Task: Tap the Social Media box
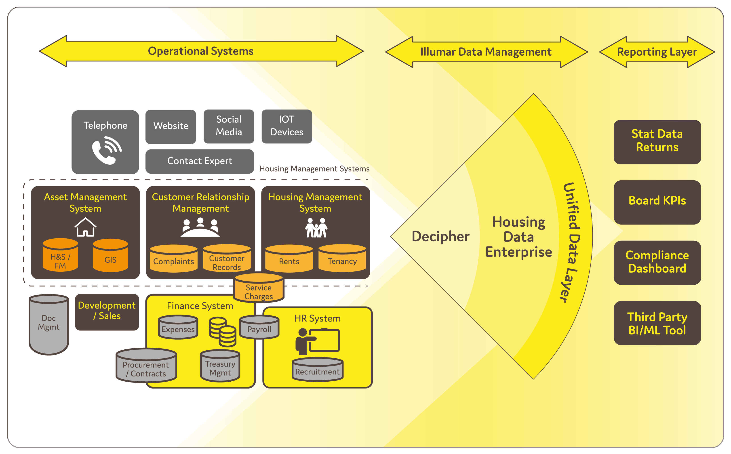pos(229,126)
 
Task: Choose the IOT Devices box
pos(287,126)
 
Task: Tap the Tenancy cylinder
pos(342,259)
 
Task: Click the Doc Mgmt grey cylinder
pos(49,324)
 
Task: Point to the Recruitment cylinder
pos(317,370)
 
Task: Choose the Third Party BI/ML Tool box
pos(657,323)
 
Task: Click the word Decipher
pos(440,237)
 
